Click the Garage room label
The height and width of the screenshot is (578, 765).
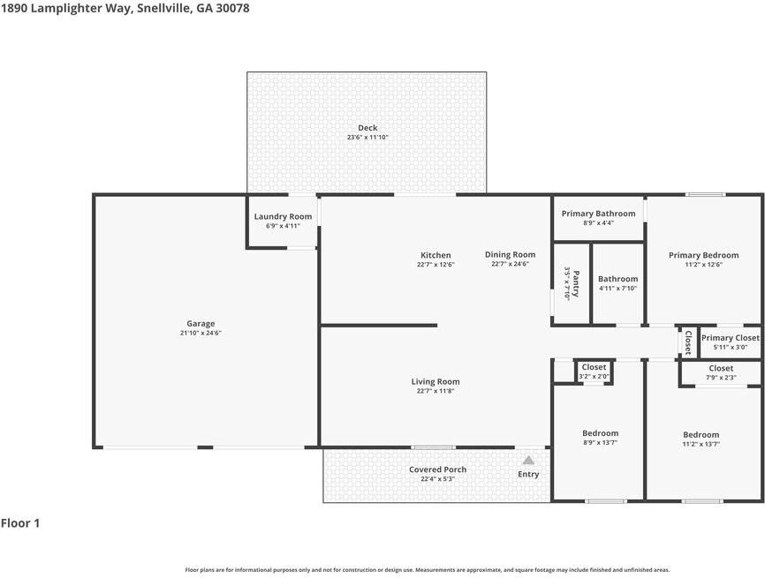click(201, 324)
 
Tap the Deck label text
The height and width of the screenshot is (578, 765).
click(367, 128)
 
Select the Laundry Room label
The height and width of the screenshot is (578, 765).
click(283, 216)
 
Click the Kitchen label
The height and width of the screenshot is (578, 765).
click(436, 255)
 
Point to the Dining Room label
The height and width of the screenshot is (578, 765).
click(510, 254)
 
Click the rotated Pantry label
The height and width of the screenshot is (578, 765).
click(576, 283)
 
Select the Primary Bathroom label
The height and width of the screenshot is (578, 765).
click(598, 214)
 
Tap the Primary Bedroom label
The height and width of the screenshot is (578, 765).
click(703, 255)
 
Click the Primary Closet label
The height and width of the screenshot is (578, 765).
click(730, 338)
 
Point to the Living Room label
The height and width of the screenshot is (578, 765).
click(436, 382)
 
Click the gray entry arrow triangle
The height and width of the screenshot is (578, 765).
click(528, 460)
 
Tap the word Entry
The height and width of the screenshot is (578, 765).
click(528, 474)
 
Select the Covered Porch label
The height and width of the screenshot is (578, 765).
click(437, 469)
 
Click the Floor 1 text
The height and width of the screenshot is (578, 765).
click(20, 523)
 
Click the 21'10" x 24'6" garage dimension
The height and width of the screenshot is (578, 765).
click(201, 333)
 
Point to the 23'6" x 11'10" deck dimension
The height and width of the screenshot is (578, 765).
click(367, 138)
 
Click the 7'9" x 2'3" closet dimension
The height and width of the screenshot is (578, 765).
click(720, 378)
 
